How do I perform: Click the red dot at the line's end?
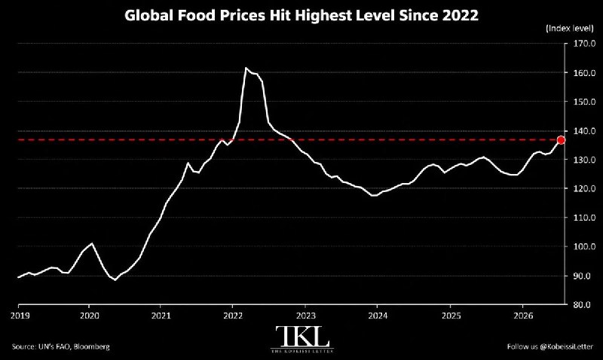(x=561, y=140)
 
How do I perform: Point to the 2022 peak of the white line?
(x=246, y=68)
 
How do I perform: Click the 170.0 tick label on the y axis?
(x=582, y=44)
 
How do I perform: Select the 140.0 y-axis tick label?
(x=582, y=131)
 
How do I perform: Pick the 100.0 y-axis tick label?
(x=582, y=246)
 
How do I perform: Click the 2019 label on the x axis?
(x=20, y=316)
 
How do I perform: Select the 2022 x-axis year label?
(x=233, y=316)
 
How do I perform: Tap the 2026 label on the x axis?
(x=523, y=316)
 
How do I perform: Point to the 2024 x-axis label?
(x=378, y=316)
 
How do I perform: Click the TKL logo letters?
(x=303, y=337)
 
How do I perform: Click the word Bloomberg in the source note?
(x=91, y=346)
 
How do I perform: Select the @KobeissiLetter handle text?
(x=567, y=346)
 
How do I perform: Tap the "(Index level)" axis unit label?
(x=570, y=28)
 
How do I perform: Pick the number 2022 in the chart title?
(x=461, y=16)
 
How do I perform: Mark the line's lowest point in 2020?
(x=115, y=280)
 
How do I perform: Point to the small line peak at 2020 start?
(x=91, y=243)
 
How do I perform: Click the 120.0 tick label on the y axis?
(x=582, y=188)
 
